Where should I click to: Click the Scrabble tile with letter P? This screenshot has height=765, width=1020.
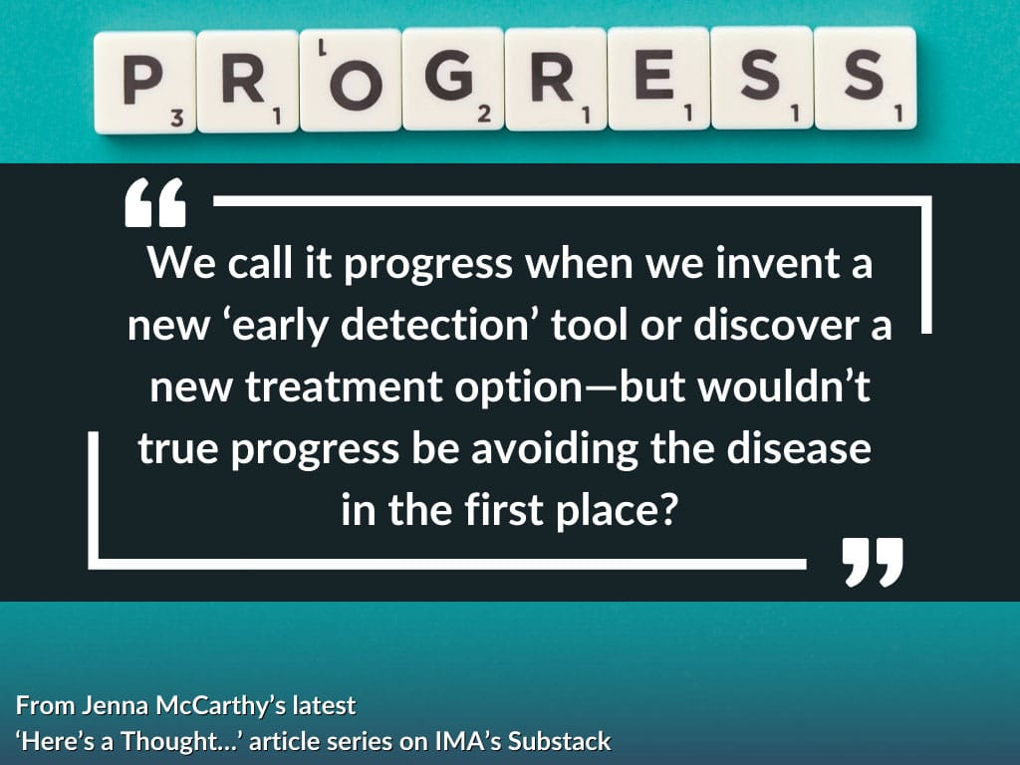[x=145, y=83]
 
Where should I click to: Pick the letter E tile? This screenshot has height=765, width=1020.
[x=658, y=79]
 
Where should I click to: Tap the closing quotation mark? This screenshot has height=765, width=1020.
[x=873, y=562]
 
